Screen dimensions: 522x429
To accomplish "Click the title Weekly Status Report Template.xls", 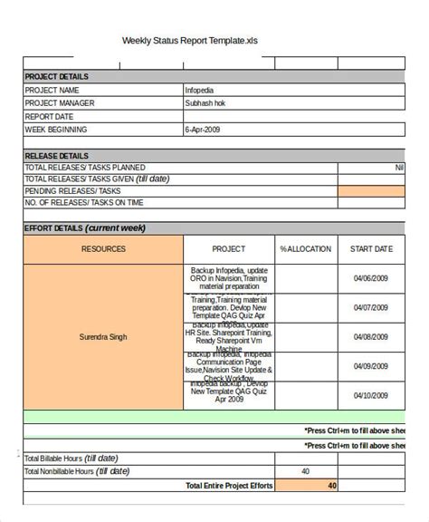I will (x=195, y=41).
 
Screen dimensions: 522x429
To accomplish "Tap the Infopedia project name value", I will (x=200, y=91).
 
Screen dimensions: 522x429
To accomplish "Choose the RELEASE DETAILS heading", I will (x=56, y=156).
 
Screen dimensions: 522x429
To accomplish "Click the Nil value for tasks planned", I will (x=399, y=168).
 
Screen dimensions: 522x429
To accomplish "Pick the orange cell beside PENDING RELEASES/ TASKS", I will (x=371, y=192).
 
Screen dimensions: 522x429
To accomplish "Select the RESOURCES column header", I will (x=103, y=248).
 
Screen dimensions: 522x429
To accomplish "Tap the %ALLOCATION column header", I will (x=306, y=248).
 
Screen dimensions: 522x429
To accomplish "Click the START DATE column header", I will (x=371, y=248).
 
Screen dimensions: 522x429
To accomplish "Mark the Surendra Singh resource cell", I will (x=103, y=337).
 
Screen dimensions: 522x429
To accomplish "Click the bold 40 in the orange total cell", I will (x=331, y=486).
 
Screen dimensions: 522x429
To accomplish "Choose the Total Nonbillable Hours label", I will (x=77, y=472).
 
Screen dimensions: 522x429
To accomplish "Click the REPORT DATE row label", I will (x=50, y=117).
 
